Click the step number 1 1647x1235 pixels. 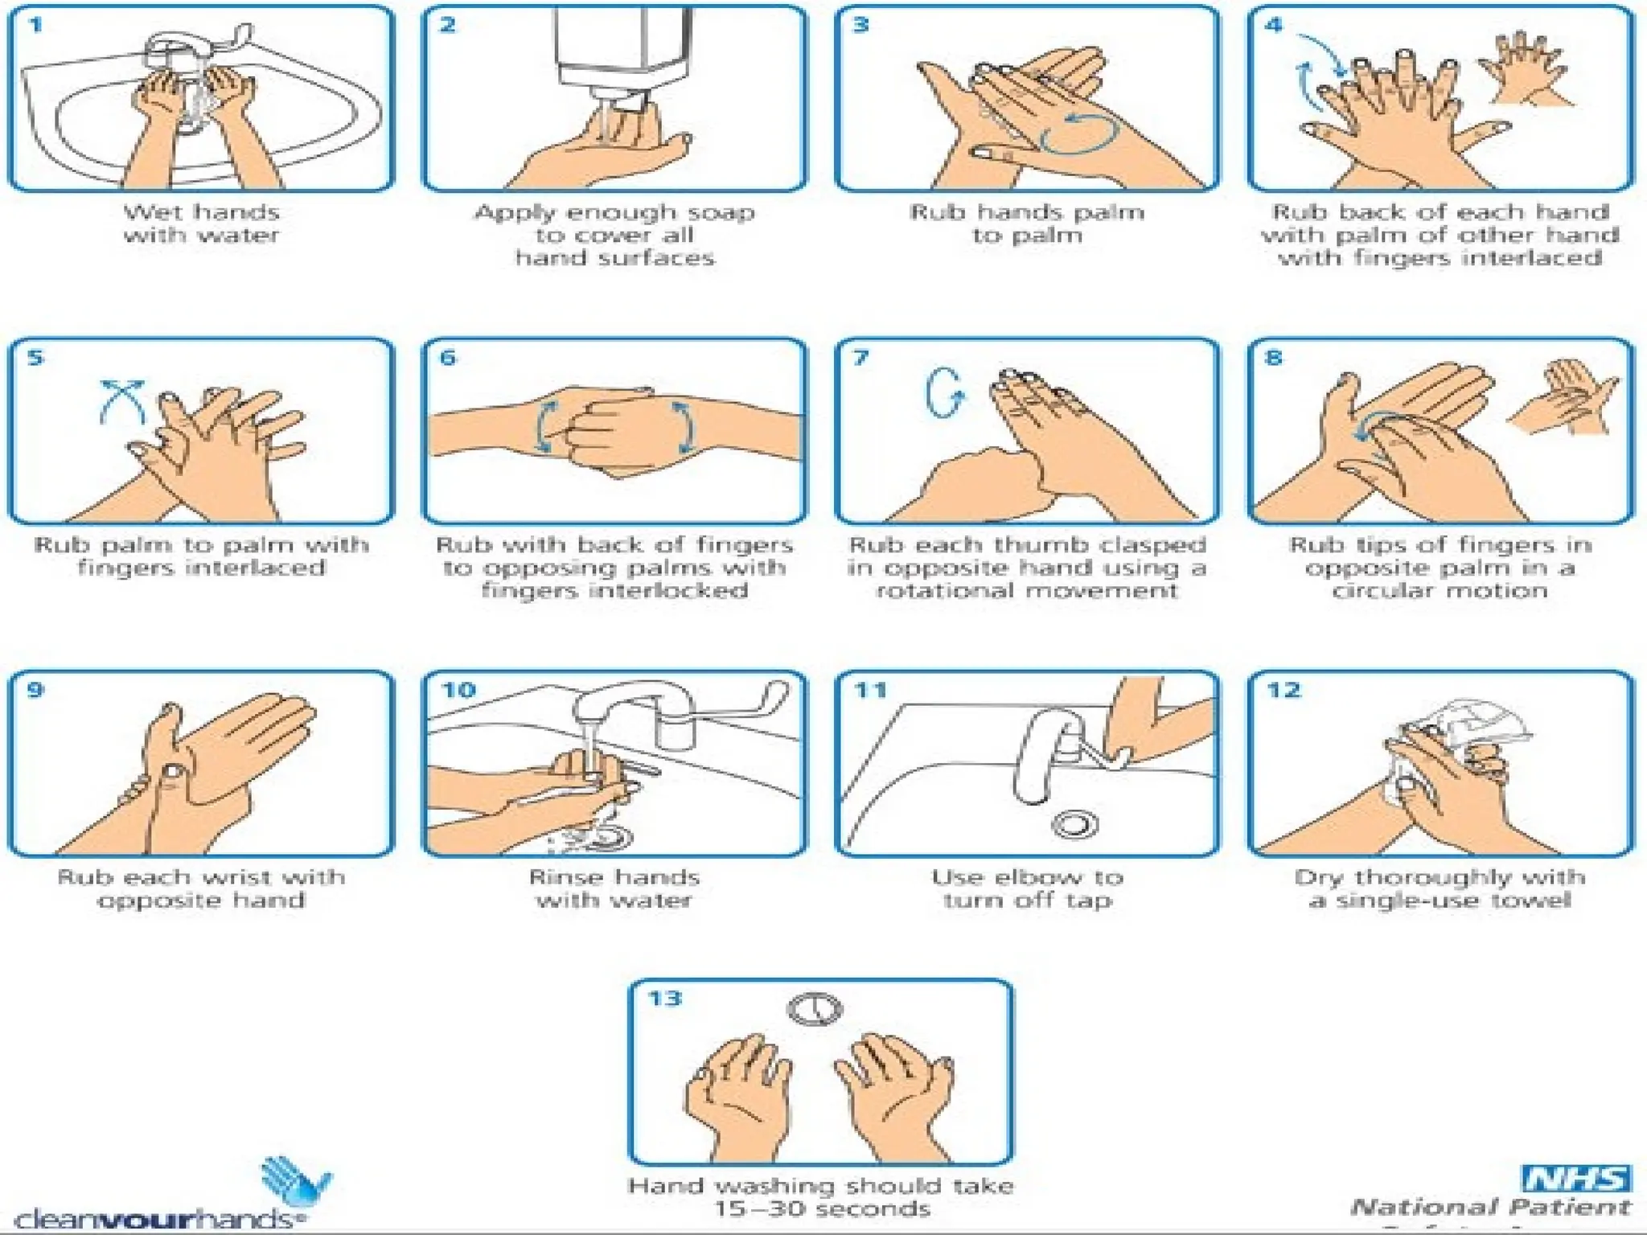(35, 26)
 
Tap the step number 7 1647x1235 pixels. (860, 358)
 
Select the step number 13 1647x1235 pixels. (665, 999)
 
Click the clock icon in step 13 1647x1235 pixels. (814, 1009)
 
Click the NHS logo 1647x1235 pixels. (1576, 1179)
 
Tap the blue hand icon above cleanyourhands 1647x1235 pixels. (294, 1181)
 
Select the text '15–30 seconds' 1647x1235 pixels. (822, 1208)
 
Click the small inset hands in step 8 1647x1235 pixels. (1564, 398)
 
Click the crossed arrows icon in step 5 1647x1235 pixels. (122, 400)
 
